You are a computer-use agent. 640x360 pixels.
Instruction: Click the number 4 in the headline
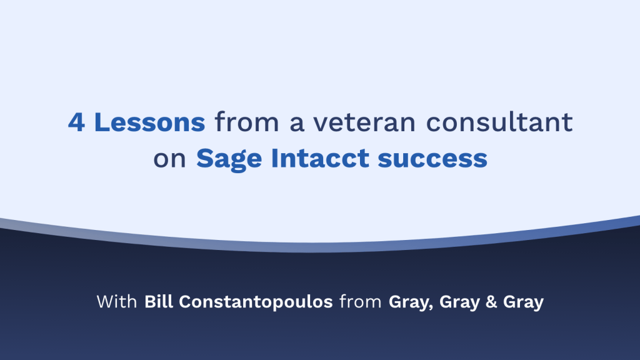pyautogui.click(x=77, y=122)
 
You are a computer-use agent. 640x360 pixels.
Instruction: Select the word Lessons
pyautogui.click(x=149, y=122)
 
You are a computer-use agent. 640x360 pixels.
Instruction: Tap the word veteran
pyautogui.click(x=364, y=122)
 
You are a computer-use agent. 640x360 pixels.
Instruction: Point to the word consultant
pyautogui.click(x=499, y=122)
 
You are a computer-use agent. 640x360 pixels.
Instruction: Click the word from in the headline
pyautogui.click(x=246, y=122)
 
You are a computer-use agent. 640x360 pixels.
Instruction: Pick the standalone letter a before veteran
pyautogui.click(x=297, y=123)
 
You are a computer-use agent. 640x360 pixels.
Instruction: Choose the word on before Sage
pyautogui.click(x=169, y=158)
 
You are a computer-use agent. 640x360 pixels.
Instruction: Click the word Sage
pyautogui.click(x=229, y=159)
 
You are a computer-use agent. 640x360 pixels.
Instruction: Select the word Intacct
pyautogui.click(x=320, y=158)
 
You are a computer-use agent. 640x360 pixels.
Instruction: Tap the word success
pyautogui.click(x=432, y=159)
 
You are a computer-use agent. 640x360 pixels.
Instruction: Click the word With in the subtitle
pyautogui.click(x=117, y=302)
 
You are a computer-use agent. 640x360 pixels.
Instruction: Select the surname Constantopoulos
pyautogui.click(x=256, y=302)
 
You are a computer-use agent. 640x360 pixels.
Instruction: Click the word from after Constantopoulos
pyautogui.click(x=361, y=302)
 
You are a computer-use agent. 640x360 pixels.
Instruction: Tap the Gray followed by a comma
pyautogui.click(x=411, y=302)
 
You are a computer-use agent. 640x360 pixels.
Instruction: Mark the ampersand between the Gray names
pyautogui.click(x=491, y=302)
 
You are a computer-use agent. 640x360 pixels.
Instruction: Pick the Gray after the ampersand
pyautogui.click(x=523, y=302)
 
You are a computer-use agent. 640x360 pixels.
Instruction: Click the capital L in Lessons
pyautogui.click(x=102, y=122)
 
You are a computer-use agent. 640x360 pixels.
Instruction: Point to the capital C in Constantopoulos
pyautogui.click(x=186, y=302)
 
